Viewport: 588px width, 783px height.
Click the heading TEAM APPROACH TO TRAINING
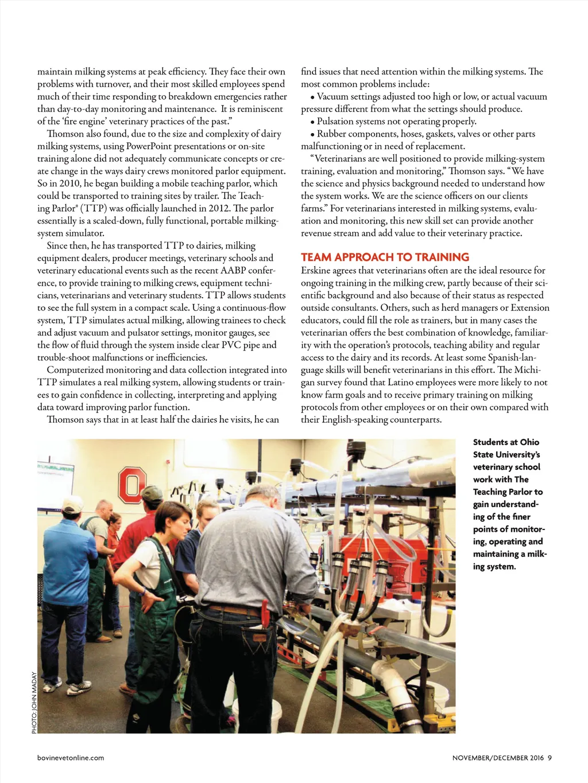pos(385,258)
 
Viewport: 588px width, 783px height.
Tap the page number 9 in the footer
pos(550,758)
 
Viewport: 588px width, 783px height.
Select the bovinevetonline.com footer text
pos(71,758)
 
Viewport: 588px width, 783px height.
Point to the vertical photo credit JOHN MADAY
pos(34,703)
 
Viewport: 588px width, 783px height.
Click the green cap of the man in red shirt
pos(152,493)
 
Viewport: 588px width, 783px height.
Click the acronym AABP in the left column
pos(233,271)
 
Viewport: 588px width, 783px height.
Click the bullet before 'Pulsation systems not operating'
pos(312,122)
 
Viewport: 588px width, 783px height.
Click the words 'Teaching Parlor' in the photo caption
pos(502,492)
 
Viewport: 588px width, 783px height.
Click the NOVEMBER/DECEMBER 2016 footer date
pos(498,758)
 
